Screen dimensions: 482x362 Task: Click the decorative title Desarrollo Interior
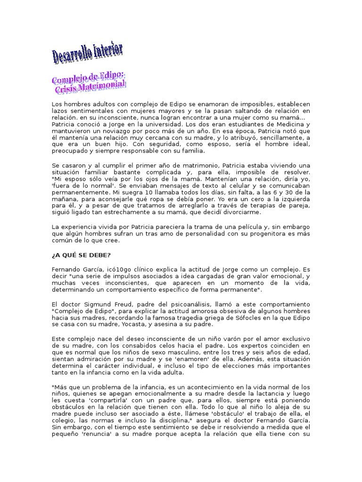[88, 53]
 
